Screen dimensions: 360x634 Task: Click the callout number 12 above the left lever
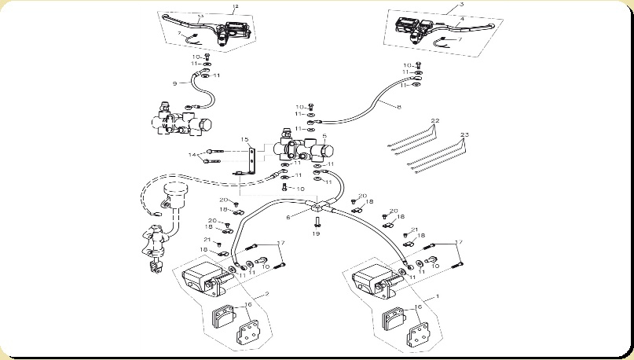235,6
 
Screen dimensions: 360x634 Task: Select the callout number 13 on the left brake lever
200,17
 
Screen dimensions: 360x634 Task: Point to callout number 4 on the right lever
462,18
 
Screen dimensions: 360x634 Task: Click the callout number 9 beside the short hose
174,83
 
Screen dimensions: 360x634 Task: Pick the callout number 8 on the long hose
398,106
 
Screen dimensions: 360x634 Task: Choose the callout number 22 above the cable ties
434,120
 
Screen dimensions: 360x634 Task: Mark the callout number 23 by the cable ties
464,135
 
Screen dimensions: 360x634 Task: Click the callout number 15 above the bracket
244,140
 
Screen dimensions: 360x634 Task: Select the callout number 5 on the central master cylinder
324,137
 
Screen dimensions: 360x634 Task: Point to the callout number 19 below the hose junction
316,233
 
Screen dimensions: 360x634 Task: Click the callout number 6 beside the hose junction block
288,217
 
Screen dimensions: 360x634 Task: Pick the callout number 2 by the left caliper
266,293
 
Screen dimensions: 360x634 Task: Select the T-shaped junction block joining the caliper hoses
317,208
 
